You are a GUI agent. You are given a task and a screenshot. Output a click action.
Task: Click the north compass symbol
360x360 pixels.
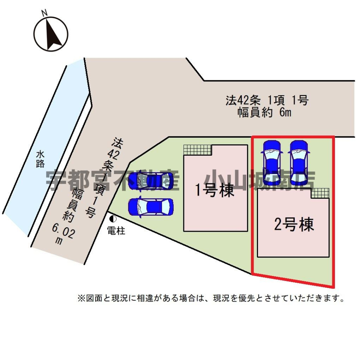pos(51,34)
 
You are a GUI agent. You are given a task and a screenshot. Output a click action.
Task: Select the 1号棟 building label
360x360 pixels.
pos(215,191)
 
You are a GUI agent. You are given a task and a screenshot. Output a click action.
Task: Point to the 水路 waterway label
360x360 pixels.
pos(40,159)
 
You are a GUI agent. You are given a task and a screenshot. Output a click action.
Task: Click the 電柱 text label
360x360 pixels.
pos(116,231)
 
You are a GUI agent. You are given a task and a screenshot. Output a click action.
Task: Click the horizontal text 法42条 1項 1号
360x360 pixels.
pos(267,100)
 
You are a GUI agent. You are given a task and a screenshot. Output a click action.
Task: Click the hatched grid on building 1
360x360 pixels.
pos(198,150)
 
